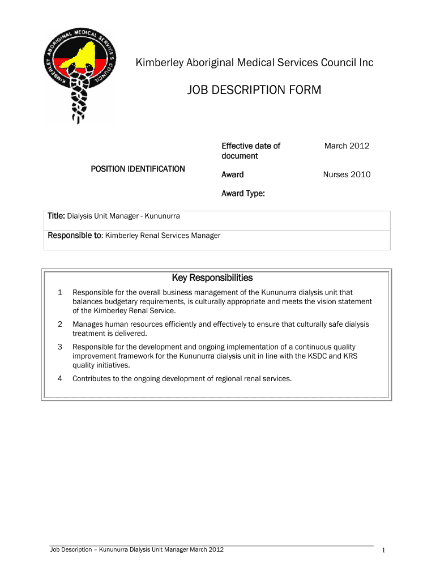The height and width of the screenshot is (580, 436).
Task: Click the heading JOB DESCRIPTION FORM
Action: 254,90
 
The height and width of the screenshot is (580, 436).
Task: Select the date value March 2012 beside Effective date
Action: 347,146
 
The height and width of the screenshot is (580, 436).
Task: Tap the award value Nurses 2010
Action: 347,174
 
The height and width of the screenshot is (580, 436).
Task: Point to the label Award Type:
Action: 243,194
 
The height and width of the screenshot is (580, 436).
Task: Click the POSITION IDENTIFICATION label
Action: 138,169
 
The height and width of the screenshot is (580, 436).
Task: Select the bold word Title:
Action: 56,216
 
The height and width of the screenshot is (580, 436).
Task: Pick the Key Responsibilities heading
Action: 212,278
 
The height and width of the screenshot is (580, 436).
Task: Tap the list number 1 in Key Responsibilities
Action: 60,292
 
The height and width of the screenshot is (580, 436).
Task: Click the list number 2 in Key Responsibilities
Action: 60,324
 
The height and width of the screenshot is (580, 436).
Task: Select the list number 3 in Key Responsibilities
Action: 60,347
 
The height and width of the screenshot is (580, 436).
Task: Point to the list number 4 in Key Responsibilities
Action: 60,378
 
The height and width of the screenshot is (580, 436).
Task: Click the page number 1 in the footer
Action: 383,551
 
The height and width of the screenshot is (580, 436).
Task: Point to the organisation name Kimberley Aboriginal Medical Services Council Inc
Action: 254,63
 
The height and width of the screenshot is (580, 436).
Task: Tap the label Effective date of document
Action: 250,151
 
